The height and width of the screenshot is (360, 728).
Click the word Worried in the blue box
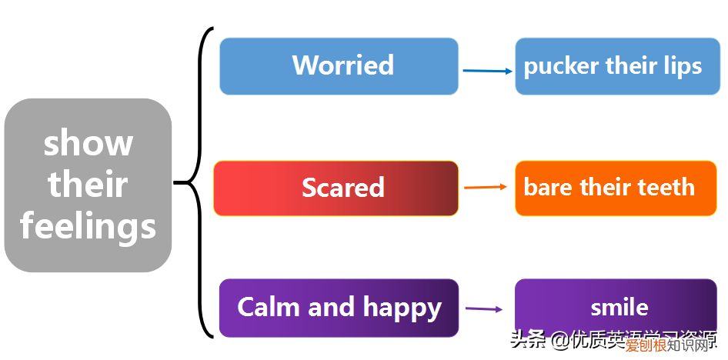[x=342, y=65]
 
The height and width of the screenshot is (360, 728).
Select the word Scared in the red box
[x=342, y=188]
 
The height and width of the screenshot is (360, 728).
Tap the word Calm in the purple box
[x=269, y=307]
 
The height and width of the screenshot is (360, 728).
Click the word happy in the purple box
[x=402, y=308]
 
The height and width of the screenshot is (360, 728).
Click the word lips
[x=683, y=66]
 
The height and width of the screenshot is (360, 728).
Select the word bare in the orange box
[x=548, y=187]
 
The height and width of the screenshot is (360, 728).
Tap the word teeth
[x=666, y=187]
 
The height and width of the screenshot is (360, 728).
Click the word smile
[x=619, y=308]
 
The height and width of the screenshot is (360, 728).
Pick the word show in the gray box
[x=88, y=144]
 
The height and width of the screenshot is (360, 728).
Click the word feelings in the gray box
[x=88, y=227]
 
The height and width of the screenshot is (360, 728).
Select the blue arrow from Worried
[x=487, y=71]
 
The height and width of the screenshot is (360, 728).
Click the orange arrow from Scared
[x=486, y=187]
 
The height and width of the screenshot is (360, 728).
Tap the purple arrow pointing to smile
[x=484, y=308]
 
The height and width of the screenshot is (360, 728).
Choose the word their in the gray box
[x=88, y=185]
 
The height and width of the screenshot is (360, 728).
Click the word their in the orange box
[x=607, y=187]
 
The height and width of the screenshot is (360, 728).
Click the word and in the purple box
[x=332, y=307]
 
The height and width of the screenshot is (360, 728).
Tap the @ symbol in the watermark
[x=559, y=339]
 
